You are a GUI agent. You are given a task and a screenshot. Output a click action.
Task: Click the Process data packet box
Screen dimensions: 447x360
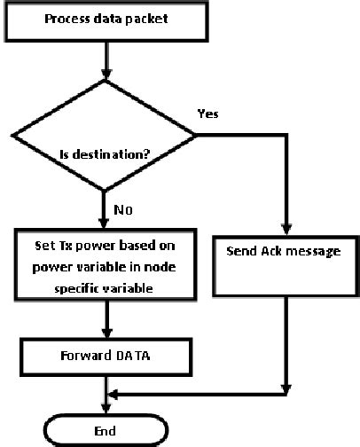point(106,19)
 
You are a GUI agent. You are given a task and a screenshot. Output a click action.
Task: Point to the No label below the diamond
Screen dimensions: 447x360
point(122,212)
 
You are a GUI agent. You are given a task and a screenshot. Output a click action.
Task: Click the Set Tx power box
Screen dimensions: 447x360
point(106,263)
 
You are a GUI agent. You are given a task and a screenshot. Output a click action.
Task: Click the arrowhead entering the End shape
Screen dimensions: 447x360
point(106,409)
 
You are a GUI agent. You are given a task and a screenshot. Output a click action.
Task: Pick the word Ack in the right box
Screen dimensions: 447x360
point(274,251)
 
